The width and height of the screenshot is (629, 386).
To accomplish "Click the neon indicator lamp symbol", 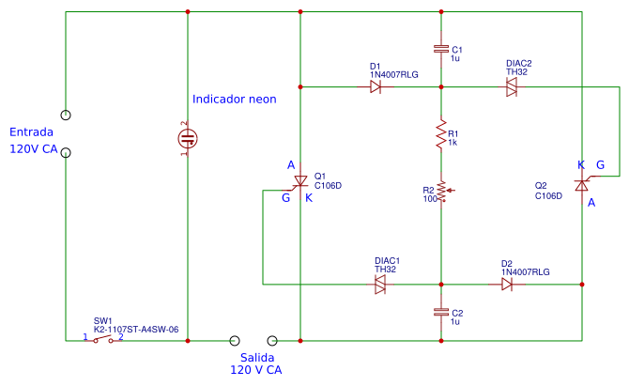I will tap(188, 139).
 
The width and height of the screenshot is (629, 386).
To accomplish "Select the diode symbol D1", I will tap(376, 86).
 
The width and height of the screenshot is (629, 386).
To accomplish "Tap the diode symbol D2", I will tap(507, 284).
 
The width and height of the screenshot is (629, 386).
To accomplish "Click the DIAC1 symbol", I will tap(380, 284).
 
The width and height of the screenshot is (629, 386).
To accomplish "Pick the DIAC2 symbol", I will tap(512, 86).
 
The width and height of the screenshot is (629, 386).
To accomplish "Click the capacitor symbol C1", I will tap(440, 48).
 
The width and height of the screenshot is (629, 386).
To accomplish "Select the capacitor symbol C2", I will tap(440, 311).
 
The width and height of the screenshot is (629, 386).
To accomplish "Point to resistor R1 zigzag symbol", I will tap(440, 136).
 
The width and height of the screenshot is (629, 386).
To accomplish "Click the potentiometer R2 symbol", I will tap(441, 193).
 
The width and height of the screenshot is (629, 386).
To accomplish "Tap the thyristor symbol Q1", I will tap(300, 181).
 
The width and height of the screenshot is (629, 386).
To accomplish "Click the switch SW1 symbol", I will tap(103, 340).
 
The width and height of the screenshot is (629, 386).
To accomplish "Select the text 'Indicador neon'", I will tap(234, 100).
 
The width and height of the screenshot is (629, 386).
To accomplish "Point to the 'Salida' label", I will tap(256, 359).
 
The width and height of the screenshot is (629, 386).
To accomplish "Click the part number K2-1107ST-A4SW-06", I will tap(136, 330).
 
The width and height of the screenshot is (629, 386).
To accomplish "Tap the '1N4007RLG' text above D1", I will tap(394, 74).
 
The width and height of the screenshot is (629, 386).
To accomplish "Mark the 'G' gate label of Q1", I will tap(285, 197).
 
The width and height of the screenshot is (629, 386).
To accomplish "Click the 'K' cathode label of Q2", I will tap(581, 165).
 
